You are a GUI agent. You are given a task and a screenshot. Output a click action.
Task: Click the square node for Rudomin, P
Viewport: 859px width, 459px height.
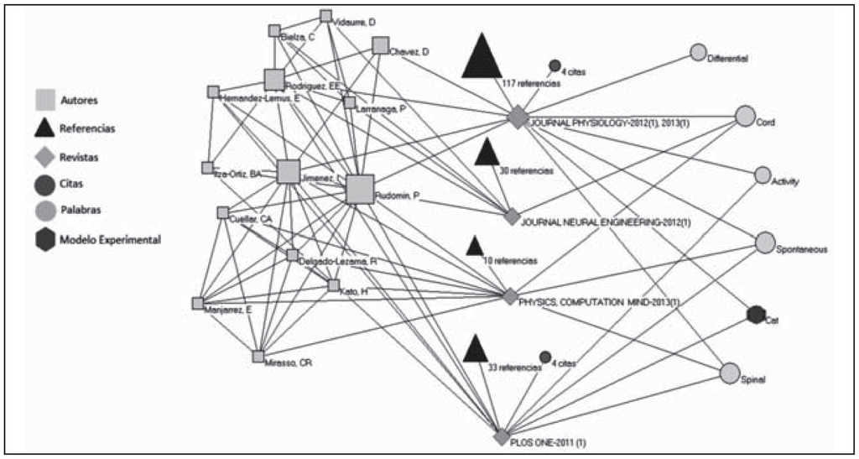coord(360,189)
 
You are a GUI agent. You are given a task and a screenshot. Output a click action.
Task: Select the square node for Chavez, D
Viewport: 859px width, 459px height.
coord(381,45)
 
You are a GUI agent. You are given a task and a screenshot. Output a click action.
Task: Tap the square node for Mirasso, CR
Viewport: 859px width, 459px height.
coord(258,356)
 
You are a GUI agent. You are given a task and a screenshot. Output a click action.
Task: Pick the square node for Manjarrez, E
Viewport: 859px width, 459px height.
coord(198,303)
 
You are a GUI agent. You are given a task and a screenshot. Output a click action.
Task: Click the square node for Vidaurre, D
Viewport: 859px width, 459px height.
coord(326,15)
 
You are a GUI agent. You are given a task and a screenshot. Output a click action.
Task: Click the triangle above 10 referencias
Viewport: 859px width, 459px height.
coord(474,246)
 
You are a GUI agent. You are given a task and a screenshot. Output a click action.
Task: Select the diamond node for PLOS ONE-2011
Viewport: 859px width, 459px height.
coord(502,437)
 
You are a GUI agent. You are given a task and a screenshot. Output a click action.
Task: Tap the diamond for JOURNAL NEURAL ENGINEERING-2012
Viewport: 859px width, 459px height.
coord(512,216)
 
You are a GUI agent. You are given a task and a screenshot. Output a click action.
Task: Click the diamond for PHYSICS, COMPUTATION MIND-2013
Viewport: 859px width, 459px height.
coord(508,296)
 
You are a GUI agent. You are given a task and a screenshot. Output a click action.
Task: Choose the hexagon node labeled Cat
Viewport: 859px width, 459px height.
coord(755,315)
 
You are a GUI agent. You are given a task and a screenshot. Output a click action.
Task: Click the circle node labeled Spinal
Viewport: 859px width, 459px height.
coord(730,373)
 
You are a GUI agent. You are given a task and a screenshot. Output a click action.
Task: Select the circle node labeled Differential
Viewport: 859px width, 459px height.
coord(698,52)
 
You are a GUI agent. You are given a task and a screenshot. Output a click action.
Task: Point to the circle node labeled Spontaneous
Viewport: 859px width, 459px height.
coord(764,243)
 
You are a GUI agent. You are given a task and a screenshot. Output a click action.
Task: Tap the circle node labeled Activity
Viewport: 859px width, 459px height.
coord(763,175)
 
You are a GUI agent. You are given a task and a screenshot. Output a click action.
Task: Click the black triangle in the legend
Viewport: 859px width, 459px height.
coord(46,128)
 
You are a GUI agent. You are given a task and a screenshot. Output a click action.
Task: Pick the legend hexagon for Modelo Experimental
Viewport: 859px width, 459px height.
coord(46,240)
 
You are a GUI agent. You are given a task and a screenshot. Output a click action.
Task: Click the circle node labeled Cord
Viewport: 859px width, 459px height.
coord(745,116)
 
